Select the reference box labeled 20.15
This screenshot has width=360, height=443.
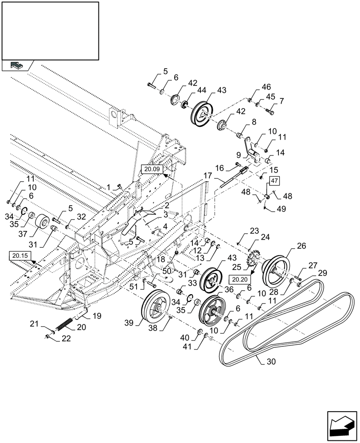[17, 256]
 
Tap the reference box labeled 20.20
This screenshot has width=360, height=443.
[240, 279]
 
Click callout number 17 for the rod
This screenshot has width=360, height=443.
[207, 176]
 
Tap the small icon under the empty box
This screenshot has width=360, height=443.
[16, 66]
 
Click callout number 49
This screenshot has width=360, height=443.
[282, 208]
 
